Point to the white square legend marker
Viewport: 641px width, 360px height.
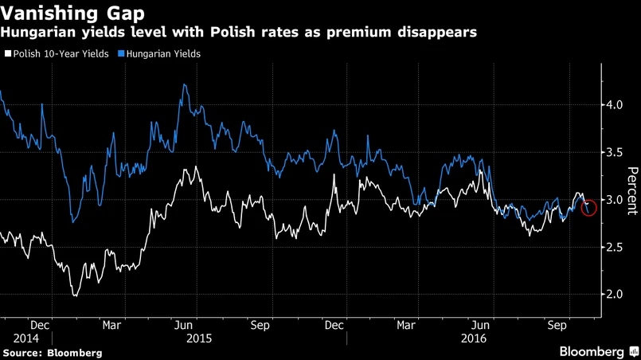[8, 54]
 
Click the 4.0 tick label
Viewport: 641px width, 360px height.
[614, 105]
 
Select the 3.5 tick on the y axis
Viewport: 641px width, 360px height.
[614, 152]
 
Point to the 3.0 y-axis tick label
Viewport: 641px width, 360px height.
[614, 200]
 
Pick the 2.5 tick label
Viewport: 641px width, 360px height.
[614, 248]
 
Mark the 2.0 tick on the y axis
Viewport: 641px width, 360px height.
[614, 295]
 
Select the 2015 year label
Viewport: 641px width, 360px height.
[198, 338]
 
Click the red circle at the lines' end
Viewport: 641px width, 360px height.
[589, 208]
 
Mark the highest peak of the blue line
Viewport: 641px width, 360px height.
[185, 84]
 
